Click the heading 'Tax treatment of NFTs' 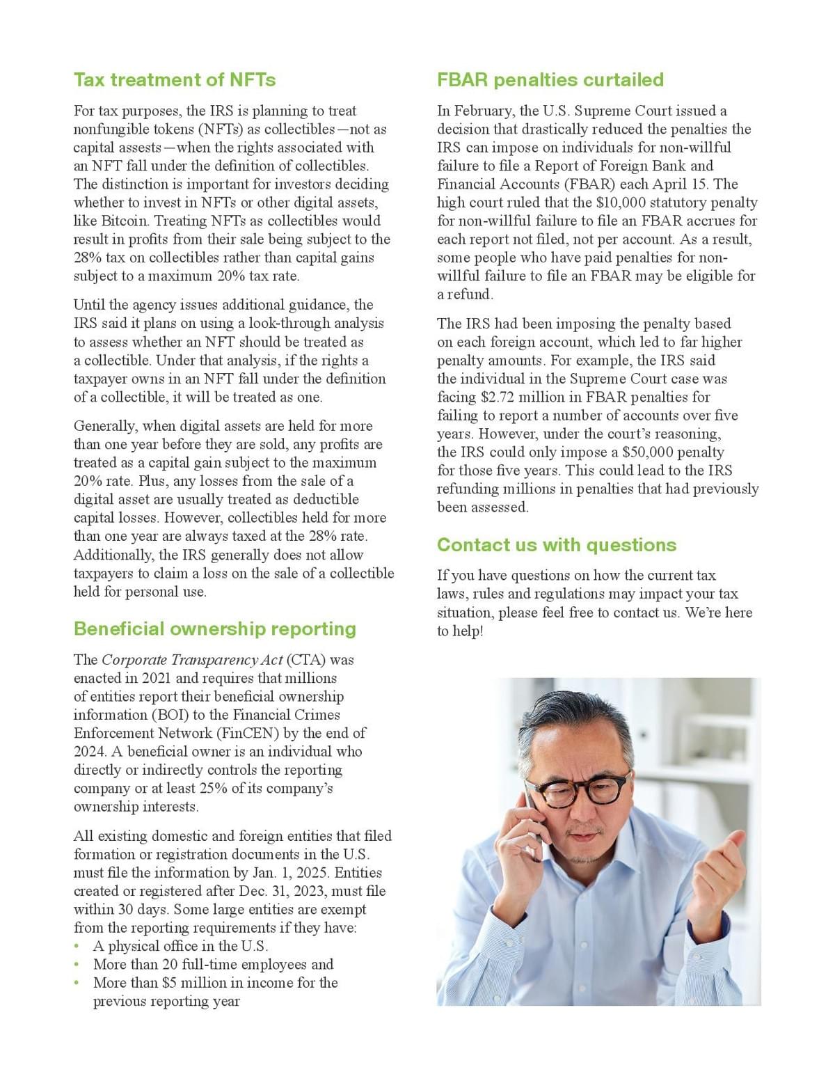pyautogui.click(x=175, y=80)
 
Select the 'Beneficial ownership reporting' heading pyautogui.click(x=214, y=629)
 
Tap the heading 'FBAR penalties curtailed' pyautogui.click(x=550, y=80)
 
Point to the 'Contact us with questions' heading pyautogui.click(x=556, y=544)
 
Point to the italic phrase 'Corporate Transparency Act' pyautogui.click(x=192, y=659)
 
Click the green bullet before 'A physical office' pyautogui.click(x=77, y=947)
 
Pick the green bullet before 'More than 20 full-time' pyautogui.click(x=77, y=965)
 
